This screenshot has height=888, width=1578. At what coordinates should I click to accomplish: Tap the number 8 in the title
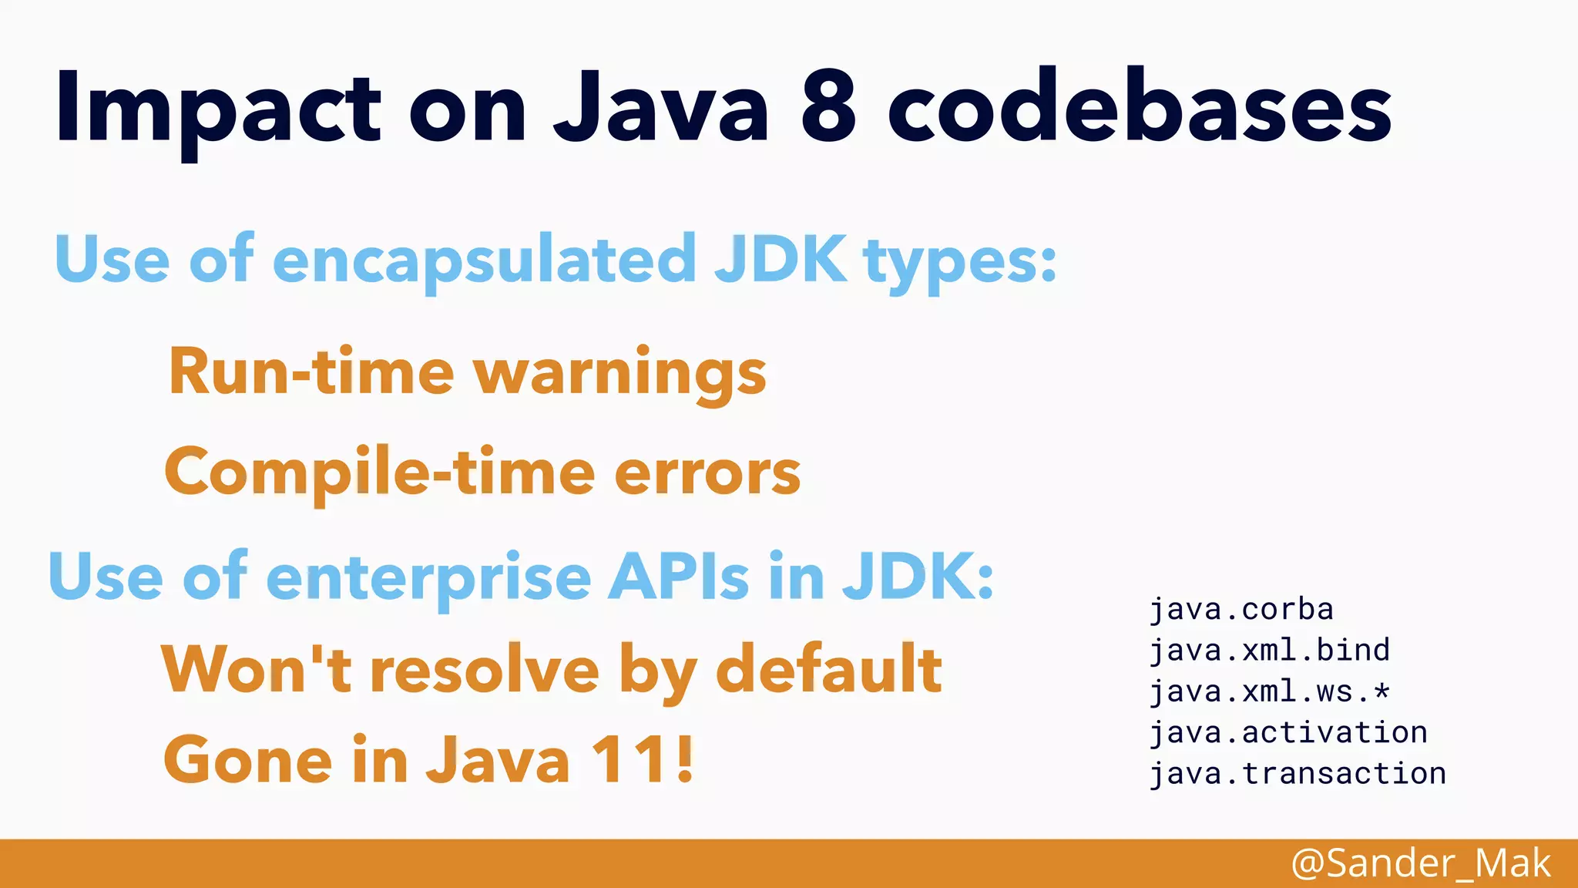(x=828, y=108)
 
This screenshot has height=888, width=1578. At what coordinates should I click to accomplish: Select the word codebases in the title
(x=1140, y=108)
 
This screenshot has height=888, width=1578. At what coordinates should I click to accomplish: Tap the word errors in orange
(x=707, y=472)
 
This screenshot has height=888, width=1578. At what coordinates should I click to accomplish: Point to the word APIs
(x=678, y=577)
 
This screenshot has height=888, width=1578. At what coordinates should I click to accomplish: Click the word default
(x=828, y=669)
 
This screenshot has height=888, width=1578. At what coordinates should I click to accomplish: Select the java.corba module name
(x=1241, y=610)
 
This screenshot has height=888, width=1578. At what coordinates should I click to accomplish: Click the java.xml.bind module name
(x=1269, y=651)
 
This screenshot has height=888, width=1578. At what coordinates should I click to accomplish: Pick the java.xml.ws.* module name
(x=1269, y=691)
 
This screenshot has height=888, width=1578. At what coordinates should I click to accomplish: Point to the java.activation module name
(x=1288, y=732)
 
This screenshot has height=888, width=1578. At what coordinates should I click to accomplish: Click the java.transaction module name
(x=1298, y=773)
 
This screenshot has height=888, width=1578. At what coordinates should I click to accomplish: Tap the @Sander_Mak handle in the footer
(x=1420, y=863)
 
